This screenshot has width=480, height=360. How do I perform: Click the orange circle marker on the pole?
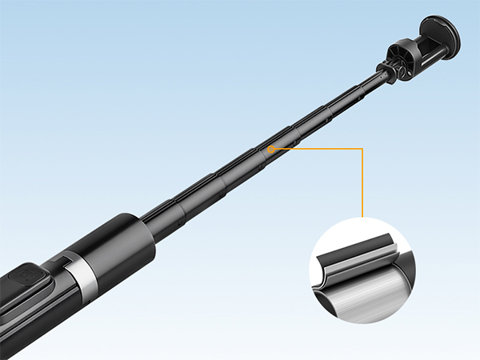pyautogui.click(x=271, y=149)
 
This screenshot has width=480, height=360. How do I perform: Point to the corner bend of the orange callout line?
pyautogui.click(x=363, y=149)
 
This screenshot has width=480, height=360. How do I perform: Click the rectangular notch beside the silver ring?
pyautogui.click(x=60, y=262)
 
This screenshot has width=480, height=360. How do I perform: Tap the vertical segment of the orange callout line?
pyautogui.click(x=363, y=184)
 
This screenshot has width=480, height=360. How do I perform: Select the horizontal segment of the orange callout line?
pyautogui.click(x=320, y=149)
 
